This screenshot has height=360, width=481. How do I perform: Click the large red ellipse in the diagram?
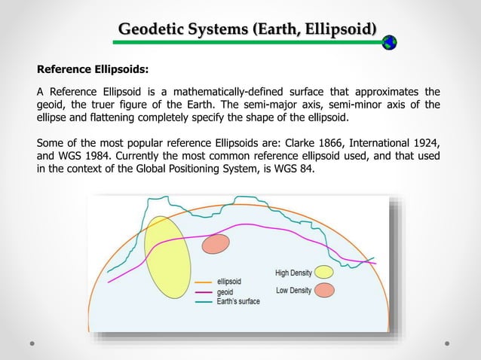pos(216,243)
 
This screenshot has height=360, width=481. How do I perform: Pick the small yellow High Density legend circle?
pos(323,272)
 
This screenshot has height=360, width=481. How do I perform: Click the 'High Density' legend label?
pos(292,272)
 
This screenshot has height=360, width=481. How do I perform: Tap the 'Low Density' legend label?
pos(293,290)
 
